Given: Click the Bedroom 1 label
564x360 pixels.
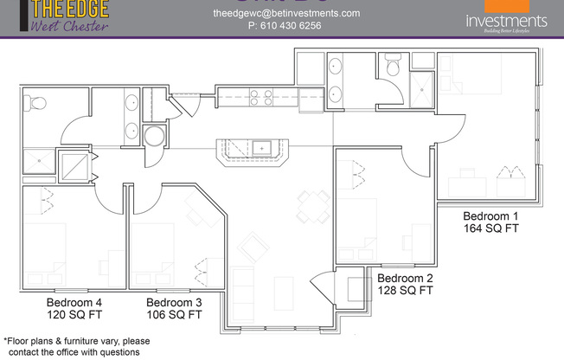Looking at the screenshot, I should pos(490,215).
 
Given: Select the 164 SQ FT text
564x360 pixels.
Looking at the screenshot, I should pos(490,228).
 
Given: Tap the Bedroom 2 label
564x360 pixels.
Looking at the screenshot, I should pos(406,278).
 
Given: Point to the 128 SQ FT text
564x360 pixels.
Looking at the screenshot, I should pos(406,291).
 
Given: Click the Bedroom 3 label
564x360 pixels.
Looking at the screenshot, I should pos(174,302).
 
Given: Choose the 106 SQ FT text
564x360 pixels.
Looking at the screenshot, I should pos(174,315).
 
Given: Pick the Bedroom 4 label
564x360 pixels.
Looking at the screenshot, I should pos(74,302).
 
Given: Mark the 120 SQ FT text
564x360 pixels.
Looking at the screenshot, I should pos(74,315).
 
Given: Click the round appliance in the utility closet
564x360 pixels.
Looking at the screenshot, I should pos(155,136).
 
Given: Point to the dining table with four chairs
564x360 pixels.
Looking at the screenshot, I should pos(311,206).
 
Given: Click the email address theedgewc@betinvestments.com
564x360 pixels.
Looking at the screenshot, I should pos(273,13).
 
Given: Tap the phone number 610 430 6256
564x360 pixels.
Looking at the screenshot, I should pos(285,26).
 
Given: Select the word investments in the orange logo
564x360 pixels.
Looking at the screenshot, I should pos(506,21).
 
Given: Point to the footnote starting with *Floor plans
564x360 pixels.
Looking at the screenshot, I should pos(70,346).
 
